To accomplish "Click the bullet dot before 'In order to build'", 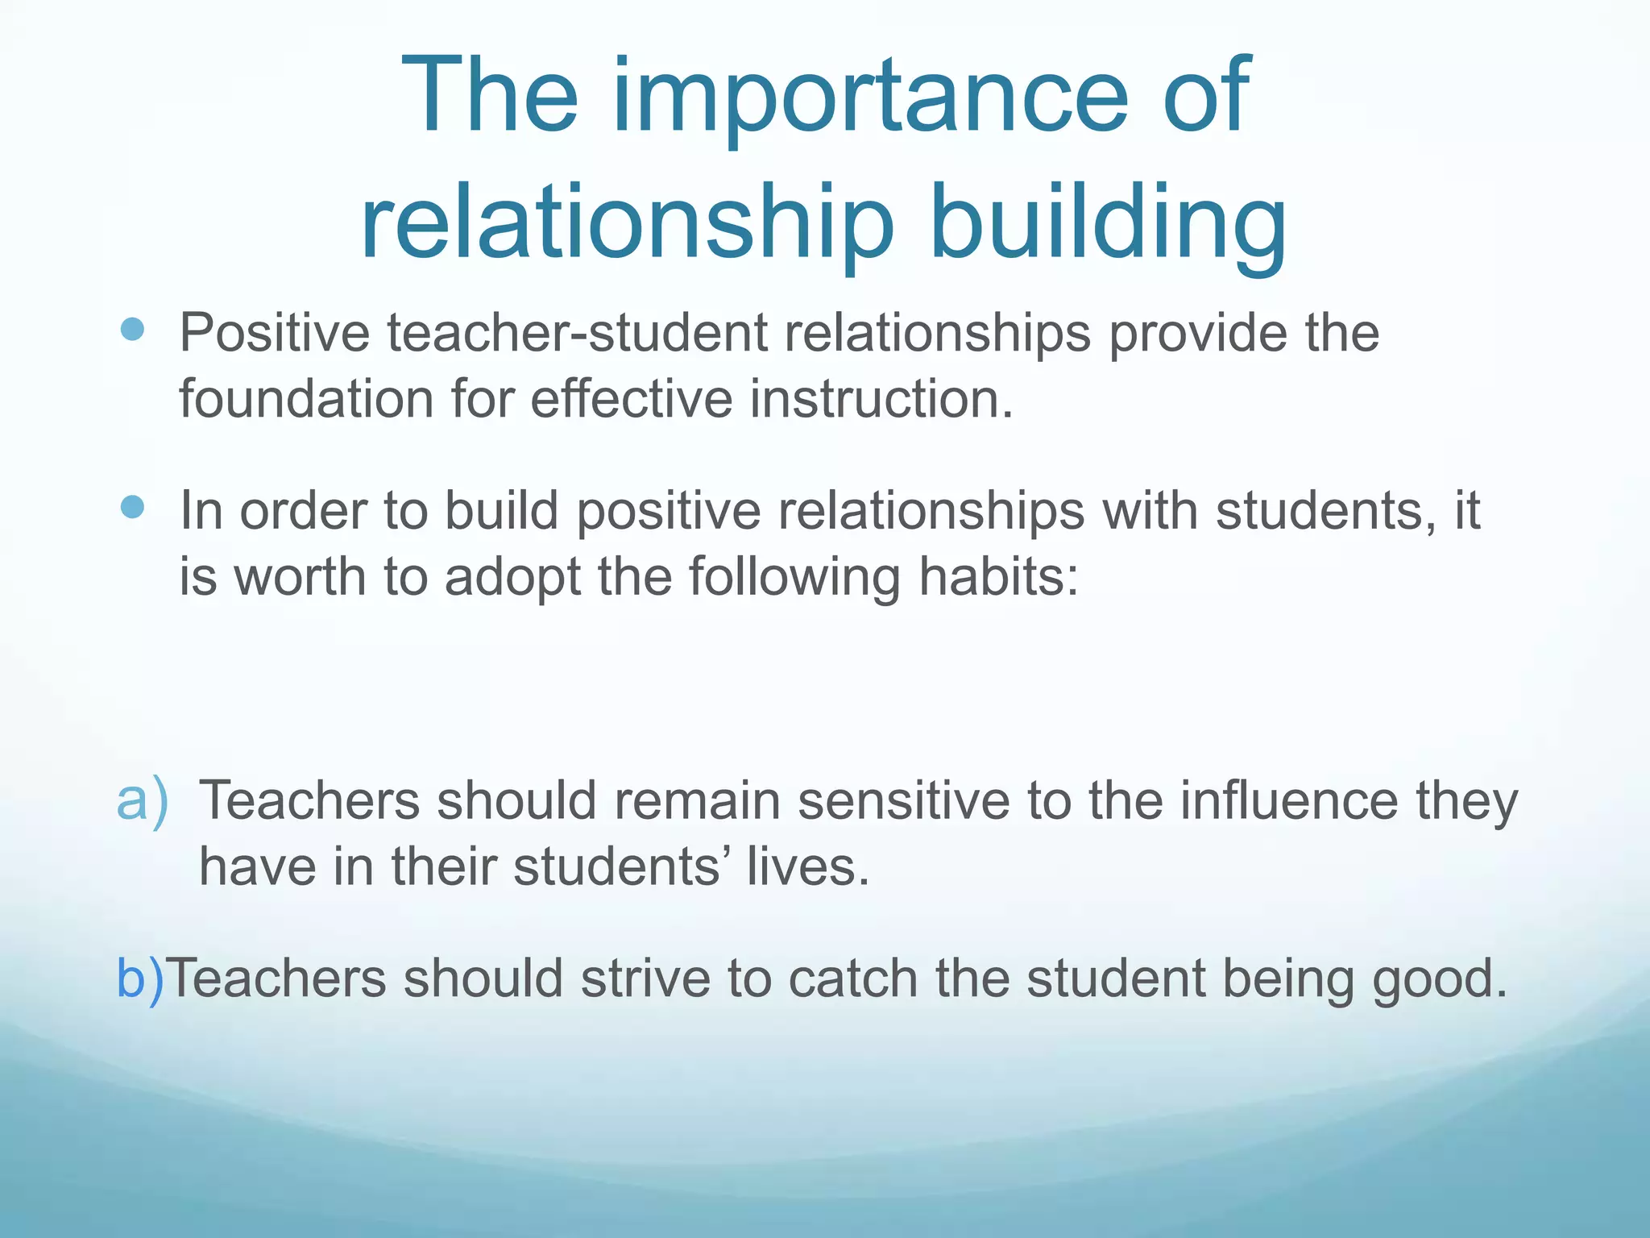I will tap(131, 507).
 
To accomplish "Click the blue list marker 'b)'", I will tap(140, 978).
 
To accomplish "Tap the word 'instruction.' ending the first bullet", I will tap(881, 399).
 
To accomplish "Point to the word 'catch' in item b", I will tap(852, 978).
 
